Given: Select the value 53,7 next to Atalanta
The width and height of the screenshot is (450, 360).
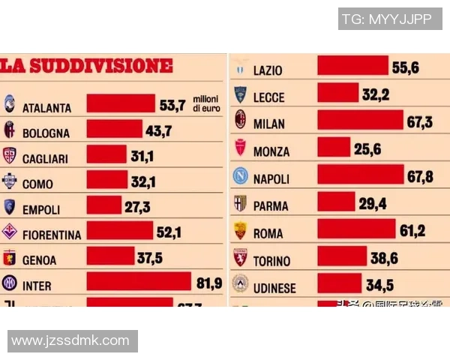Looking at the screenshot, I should [x=171, y=105].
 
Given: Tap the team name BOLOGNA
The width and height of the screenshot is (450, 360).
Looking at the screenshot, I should [x=46, y=133].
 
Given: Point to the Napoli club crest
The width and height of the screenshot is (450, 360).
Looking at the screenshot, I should [x=240, y=178].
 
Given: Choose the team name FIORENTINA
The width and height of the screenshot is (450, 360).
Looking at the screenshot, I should [x=52, y=235].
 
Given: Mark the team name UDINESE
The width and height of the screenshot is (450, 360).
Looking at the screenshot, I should [x=274, y=288].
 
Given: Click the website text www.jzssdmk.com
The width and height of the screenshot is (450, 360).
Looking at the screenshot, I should [x=70, y=340].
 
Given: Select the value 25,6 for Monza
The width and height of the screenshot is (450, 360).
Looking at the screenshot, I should [x=367, y=149].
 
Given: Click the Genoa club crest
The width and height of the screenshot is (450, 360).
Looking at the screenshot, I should [x=10, y=259].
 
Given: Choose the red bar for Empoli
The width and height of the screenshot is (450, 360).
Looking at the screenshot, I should [x=103, y=205].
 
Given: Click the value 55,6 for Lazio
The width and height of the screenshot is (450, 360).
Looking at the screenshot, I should [x=405, y=67].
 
